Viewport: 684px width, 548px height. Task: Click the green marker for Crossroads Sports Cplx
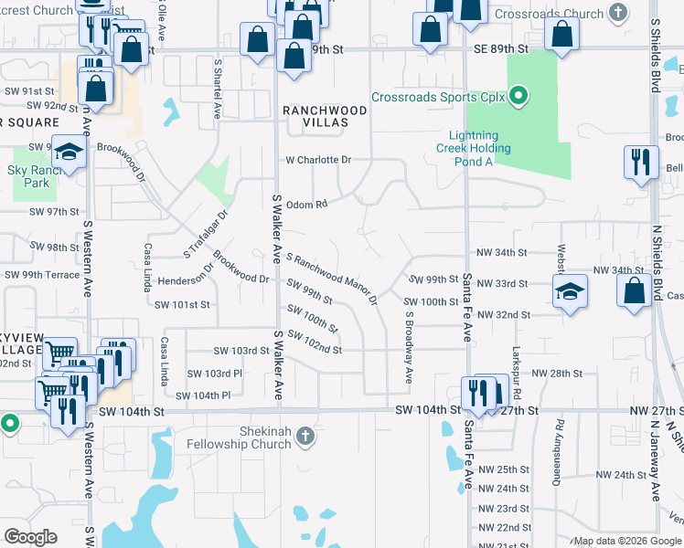tap(518, 97)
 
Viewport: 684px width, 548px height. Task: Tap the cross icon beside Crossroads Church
tap(619, 14)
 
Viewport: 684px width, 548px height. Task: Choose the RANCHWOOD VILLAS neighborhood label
tap(325, 118)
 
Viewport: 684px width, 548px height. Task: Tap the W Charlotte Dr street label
tap(318, 160)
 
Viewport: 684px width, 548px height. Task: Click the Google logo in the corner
tap(30, 536)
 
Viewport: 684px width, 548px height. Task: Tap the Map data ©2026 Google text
tap(626, 541)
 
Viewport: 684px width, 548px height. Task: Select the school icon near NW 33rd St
tap(571, 292)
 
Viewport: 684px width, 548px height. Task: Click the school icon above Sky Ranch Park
tap(69, 153)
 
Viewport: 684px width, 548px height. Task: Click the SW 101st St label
tap(182, 305)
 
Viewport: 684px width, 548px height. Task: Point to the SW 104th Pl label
tap(203, 395)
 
